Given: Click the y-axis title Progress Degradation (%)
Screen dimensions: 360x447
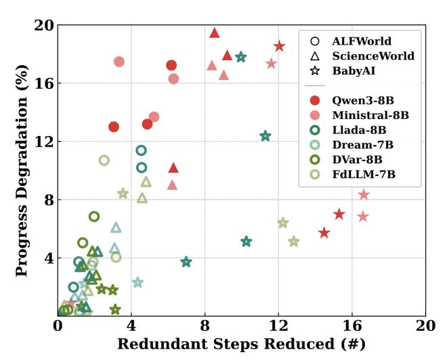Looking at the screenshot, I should tap(21, 169).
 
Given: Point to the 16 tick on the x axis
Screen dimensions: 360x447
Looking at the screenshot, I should tap(352, 325).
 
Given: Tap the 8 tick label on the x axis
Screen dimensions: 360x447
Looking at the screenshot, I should tap(205, 325).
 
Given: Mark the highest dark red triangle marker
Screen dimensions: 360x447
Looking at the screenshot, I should tap(215, 32).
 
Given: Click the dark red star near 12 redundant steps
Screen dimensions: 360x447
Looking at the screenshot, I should tap(279, 46).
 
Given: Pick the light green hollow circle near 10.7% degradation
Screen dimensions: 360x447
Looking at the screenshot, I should tap(104, 160).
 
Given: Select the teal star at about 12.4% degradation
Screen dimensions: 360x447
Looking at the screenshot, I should tap(265, 136).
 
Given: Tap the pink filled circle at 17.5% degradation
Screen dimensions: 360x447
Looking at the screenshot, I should tap(119, 62).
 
